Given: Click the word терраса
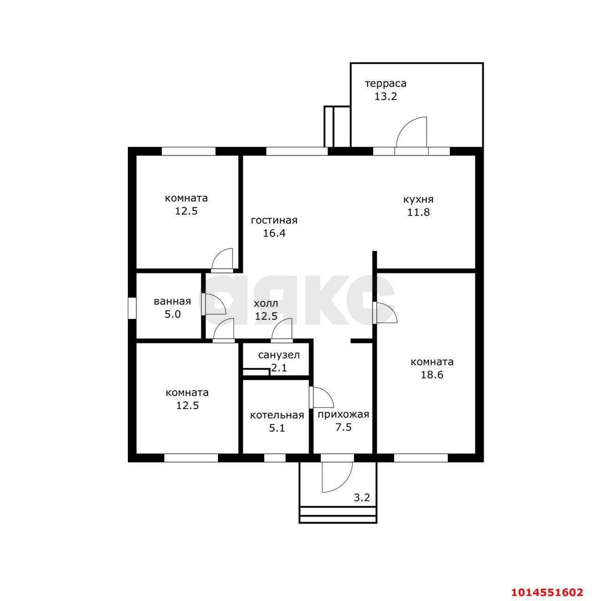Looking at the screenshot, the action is [x=386, y=84].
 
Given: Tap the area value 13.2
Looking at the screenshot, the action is [x=386, y=96].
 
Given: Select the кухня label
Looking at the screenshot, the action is [x=418, y=199].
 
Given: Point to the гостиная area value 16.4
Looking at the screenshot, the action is [x=274, y=233].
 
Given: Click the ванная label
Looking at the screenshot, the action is [x=172, y=301].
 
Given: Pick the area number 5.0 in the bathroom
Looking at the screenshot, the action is [x=172, y=314].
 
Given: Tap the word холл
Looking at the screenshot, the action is [x=266, y=303].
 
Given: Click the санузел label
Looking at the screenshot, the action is [x=279, y=355].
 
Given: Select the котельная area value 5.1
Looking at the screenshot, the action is [x=277, y=428].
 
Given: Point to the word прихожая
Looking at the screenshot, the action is [x=344, y=415].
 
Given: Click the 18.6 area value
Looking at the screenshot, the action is [x=432, y=375].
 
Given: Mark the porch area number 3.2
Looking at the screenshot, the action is [x=362, y=497].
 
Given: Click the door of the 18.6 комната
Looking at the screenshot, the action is [x=385, y=313].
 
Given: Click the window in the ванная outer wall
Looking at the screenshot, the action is [x=132, y=308].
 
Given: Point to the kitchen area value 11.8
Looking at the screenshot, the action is [x=418, y=212].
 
